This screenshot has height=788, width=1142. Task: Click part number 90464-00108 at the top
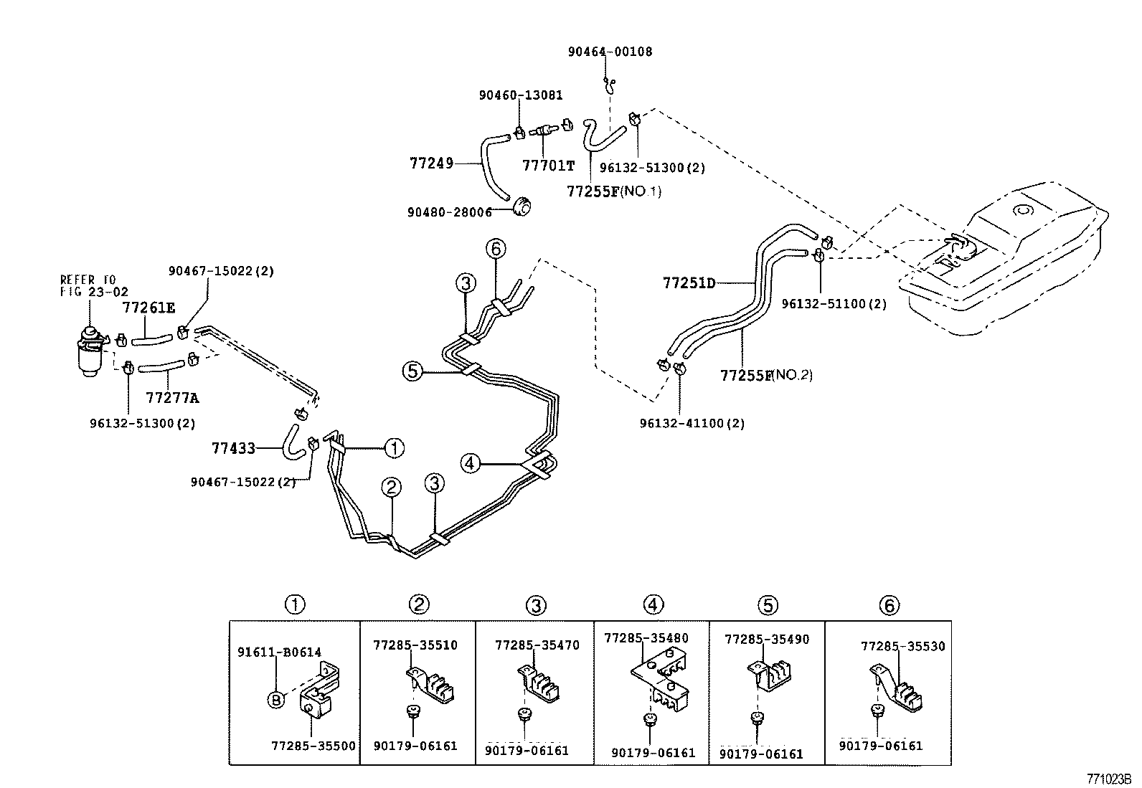coord(610,52)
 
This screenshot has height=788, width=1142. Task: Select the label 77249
coord(432,163)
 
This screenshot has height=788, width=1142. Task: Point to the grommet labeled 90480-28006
coord(522,207)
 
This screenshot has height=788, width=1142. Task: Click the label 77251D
coord(689,283)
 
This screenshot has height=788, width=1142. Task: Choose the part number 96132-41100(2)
coord(692,423)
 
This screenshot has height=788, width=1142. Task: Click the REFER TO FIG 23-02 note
coord(93,285)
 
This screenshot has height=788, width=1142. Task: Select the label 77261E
coord(148,308)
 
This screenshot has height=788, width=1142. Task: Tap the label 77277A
coord(173,397)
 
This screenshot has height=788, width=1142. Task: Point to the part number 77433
coord(234,449)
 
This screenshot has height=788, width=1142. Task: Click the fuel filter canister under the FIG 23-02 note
coord(91,351)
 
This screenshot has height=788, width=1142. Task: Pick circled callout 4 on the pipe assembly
coord(470,463)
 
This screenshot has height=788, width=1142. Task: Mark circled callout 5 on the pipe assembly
coord(412,371)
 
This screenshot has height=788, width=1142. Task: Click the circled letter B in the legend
coord(276,700)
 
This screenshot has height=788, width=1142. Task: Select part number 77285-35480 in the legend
coord(646,637)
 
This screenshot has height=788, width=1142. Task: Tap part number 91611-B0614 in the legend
coord(280,652)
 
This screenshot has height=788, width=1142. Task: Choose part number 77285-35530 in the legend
coord(903,646)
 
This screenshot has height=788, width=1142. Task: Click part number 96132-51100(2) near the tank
coord(834,304)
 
